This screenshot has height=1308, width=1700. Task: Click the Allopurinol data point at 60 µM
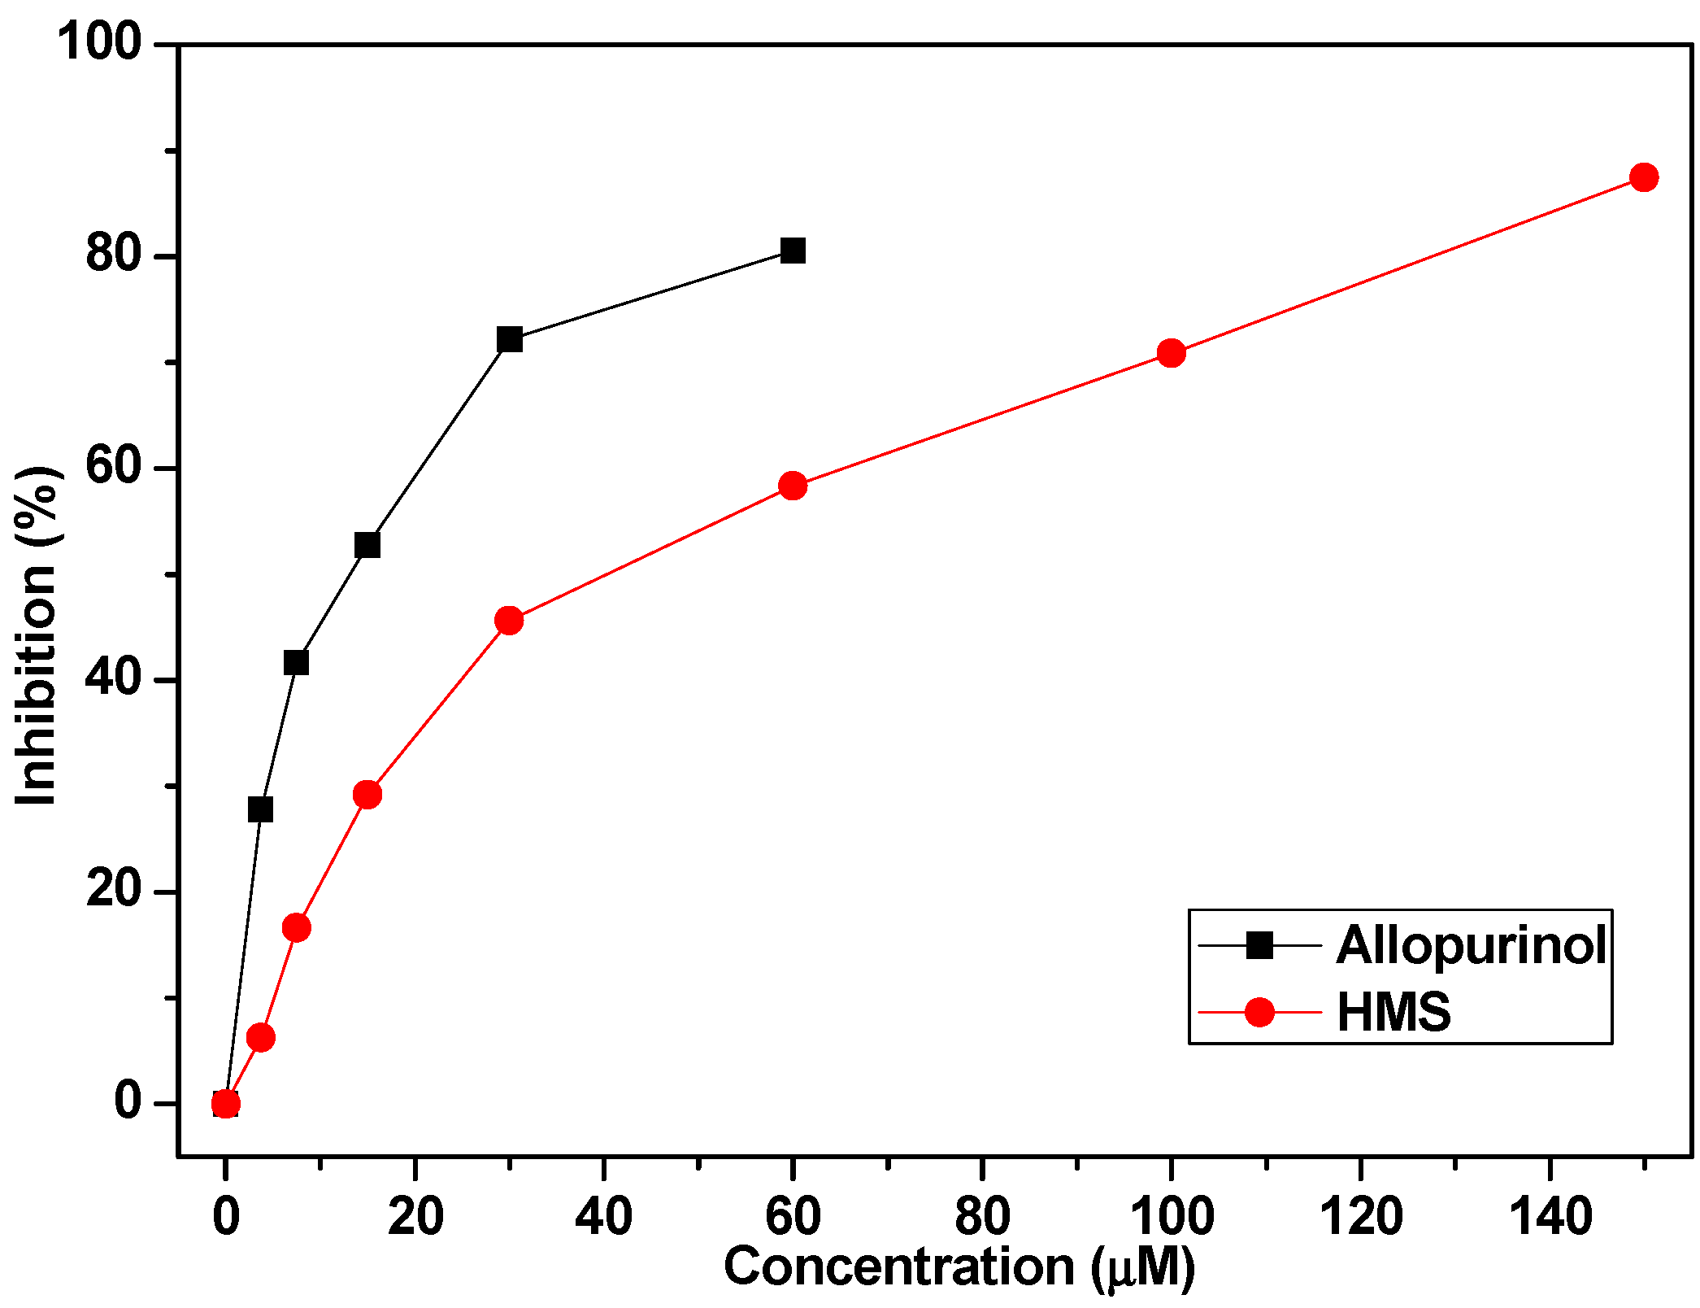793,251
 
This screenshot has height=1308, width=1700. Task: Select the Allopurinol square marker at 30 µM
509,339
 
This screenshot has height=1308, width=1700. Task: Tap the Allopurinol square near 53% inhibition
367,545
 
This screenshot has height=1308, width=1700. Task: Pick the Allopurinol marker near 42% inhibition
297,663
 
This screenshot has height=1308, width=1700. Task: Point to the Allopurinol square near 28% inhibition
260,810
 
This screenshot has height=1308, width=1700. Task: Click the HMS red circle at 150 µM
1644,177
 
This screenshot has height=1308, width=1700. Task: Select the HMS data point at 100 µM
1171,353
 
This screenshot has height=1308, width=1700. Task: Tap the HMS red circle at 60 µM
793,486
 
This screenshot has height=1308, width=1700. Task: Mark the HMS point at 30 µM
509,621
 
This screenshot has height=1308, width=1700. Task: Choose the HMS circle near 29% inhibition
367,794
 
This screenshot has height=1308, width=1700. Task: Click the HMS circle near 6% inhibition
260,1037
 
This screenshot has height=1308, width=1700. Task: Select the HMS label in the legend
1393,1013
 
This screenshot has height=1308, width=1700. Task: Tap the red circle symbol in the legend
1259,1013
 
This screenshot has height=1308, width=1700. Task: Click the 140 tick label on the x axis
1550,1217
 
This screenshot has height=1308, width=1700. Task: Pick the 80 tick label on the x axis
982,1217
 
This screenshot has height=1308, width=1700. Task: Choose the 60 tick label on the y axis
112,468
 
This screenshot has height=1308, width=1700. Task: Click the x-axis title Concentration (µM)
959,1267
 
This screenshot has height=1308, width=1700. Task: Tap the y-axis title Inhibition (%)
37,636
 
